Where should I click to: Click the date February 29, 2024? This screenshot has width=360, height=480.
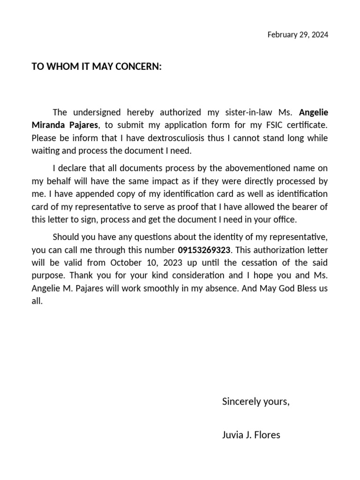pyautogui.click(x=298, y=35)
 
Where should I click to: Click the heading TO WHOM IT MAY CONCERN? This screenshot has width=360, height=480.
pyautogui.click(x=97, y=67)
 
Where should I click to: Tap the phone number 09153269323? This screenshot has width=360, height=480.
pyautogui.click(x=204, y=250)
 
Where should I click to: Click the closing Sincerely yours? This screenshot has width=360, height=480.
pyautogui.click(x=255, y=401)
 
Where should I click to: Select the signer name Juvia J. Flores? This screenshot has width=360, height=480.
pyautogui.click(x=251, y=435)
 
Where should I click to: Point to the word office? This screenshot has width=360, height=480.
pyautogui.click(x=284, y=220)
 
